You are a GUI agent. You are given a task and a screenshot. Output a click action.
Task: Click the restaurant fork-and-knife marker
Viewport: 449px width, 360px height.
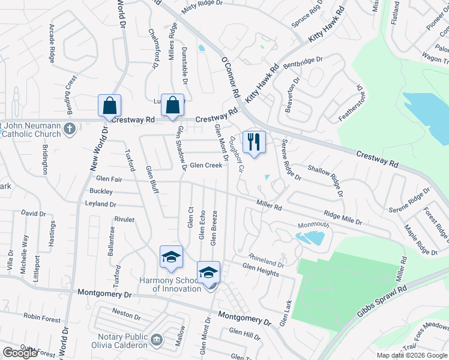254,142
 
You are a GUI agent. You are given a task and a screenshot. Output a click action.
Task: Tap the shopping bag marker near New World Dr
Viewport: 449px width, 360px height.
110,106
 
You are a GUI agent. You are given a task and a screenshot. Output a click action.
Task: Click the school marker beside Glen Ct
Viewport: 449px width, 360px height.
171,257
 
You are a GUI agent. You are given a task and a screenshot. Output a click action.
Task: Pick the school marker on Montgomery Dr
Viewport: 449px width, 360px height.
208,273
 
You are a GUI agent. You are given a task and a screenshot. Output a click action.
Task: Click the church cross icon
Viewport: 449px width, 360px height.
70,128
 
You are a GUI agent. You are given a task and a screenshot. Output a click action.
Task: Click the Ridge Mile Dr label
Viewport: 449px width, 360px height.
343,218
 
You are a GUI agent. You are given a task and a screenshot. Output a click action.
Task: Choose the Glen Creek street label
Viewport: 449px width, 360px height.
206,165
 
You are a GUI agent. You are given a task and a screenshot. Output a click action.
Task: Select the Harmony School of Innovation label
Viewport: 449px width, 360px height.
170,284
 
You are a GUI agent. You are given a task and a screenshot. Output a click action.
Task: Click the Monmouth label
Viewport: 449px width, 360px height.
313,225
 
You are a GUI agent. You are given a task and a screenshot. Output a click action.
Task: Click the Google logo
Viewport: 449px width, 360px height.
20,353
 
